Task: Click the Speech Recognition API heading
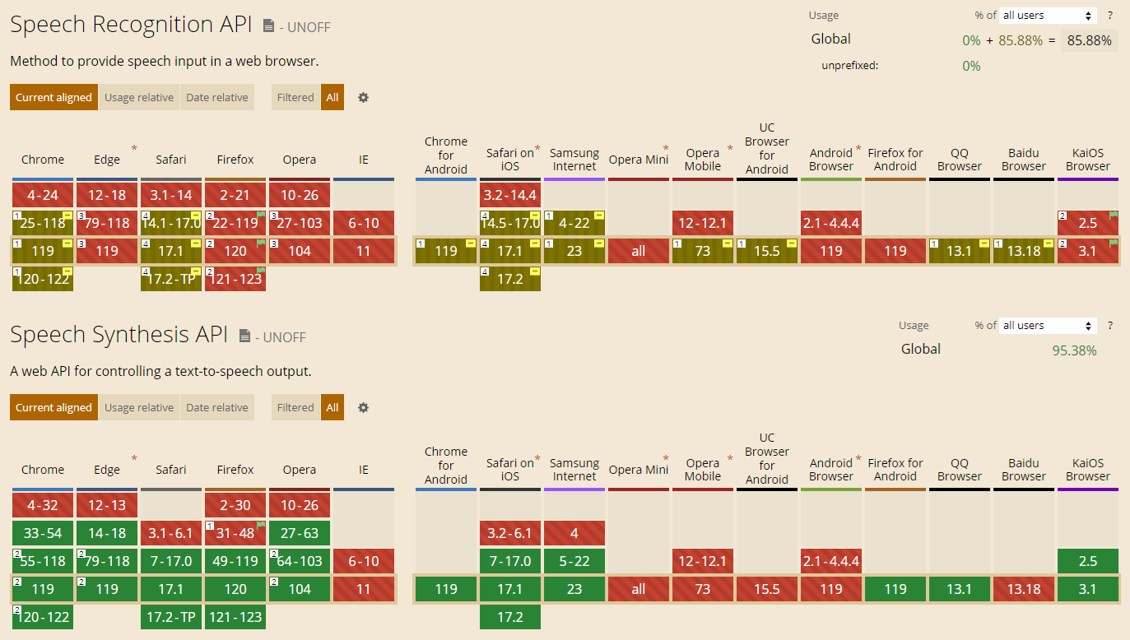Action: pyautogui.click(x=130, y=25)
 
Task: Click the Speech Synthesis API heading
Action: pyautogui.click(x=119, y=335)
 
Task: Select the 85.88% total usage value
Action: pyautogui.click(x=1089, y=40)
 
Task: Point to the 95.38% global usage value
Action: pyautogui.click(x=1074, y=350)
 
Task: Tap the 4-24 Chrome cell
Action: pyautogui.click(x=43, y=195)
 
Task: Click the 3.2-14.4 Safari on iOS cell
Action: pyautogui.click(x=510, y=195)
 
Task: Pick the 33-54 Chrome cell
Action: pyautogui.click(x=43, y=533)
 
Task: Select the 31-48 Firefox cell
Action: pyautogui.click(x=235, y=533)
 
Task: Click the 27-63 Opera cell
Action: pyautogui.click(x=300, y=533)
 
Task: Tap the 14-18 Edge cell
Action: pyautogui.click(x=107, y=533)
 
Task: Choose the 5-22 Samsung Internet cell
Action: pyautogui.click(x=574, y=561)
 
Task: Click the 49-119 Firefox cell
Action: pyautogui.click(x=235, y=561)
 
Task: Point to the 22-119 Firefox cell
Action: pyautogui.click(x=235, y=223)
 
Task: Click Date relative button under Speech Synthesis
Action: pyautogui.click(x=217, y=407)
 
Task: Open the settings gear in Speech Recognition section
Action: pyautogui.click(x=363, y=97)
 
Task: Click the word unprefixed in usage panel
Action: pyautogui.click(x=849, y=66)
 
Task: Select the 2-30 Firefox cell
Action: pyautogui.click(x=235, y=505)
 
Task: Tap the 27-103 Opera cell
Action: pyautogui.click(x=300, y=223)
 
